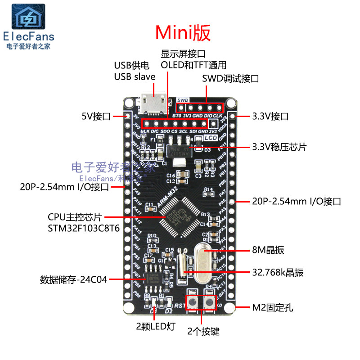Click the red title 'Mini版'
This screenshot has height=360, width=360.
click(183, 32)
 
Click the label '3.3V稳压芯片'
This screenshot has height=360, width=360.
click(279, 147)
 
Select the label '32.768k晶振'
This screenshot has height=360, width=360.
click(278, 272)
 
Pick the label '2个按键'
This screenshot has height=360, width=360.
click(203, 332)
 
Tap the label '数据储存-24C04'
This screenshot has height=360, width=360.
click(74, 279)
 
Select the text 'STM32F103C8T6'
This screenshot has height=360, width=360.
click(84, 228)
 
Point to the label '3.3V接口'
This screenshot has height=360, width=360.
click(270, 117)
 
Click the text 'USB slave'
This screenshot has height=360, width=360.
click(135, 76)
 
